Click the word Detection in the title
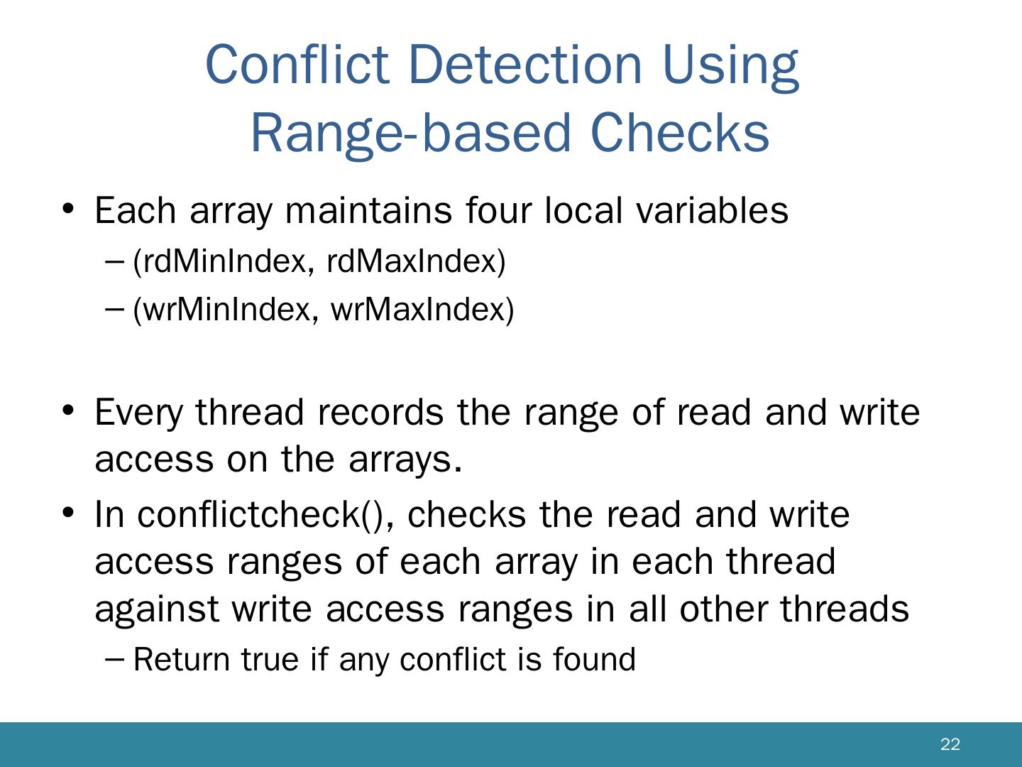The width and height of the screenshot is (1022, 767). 525,64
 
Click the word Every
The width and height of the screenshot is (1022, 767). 139,413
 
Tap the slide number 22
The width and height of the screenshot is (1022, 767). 950,744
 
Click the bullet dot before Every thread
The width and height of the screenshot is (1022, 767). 68,411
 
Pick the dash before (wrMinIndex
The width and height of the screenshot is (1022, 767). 114,310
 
